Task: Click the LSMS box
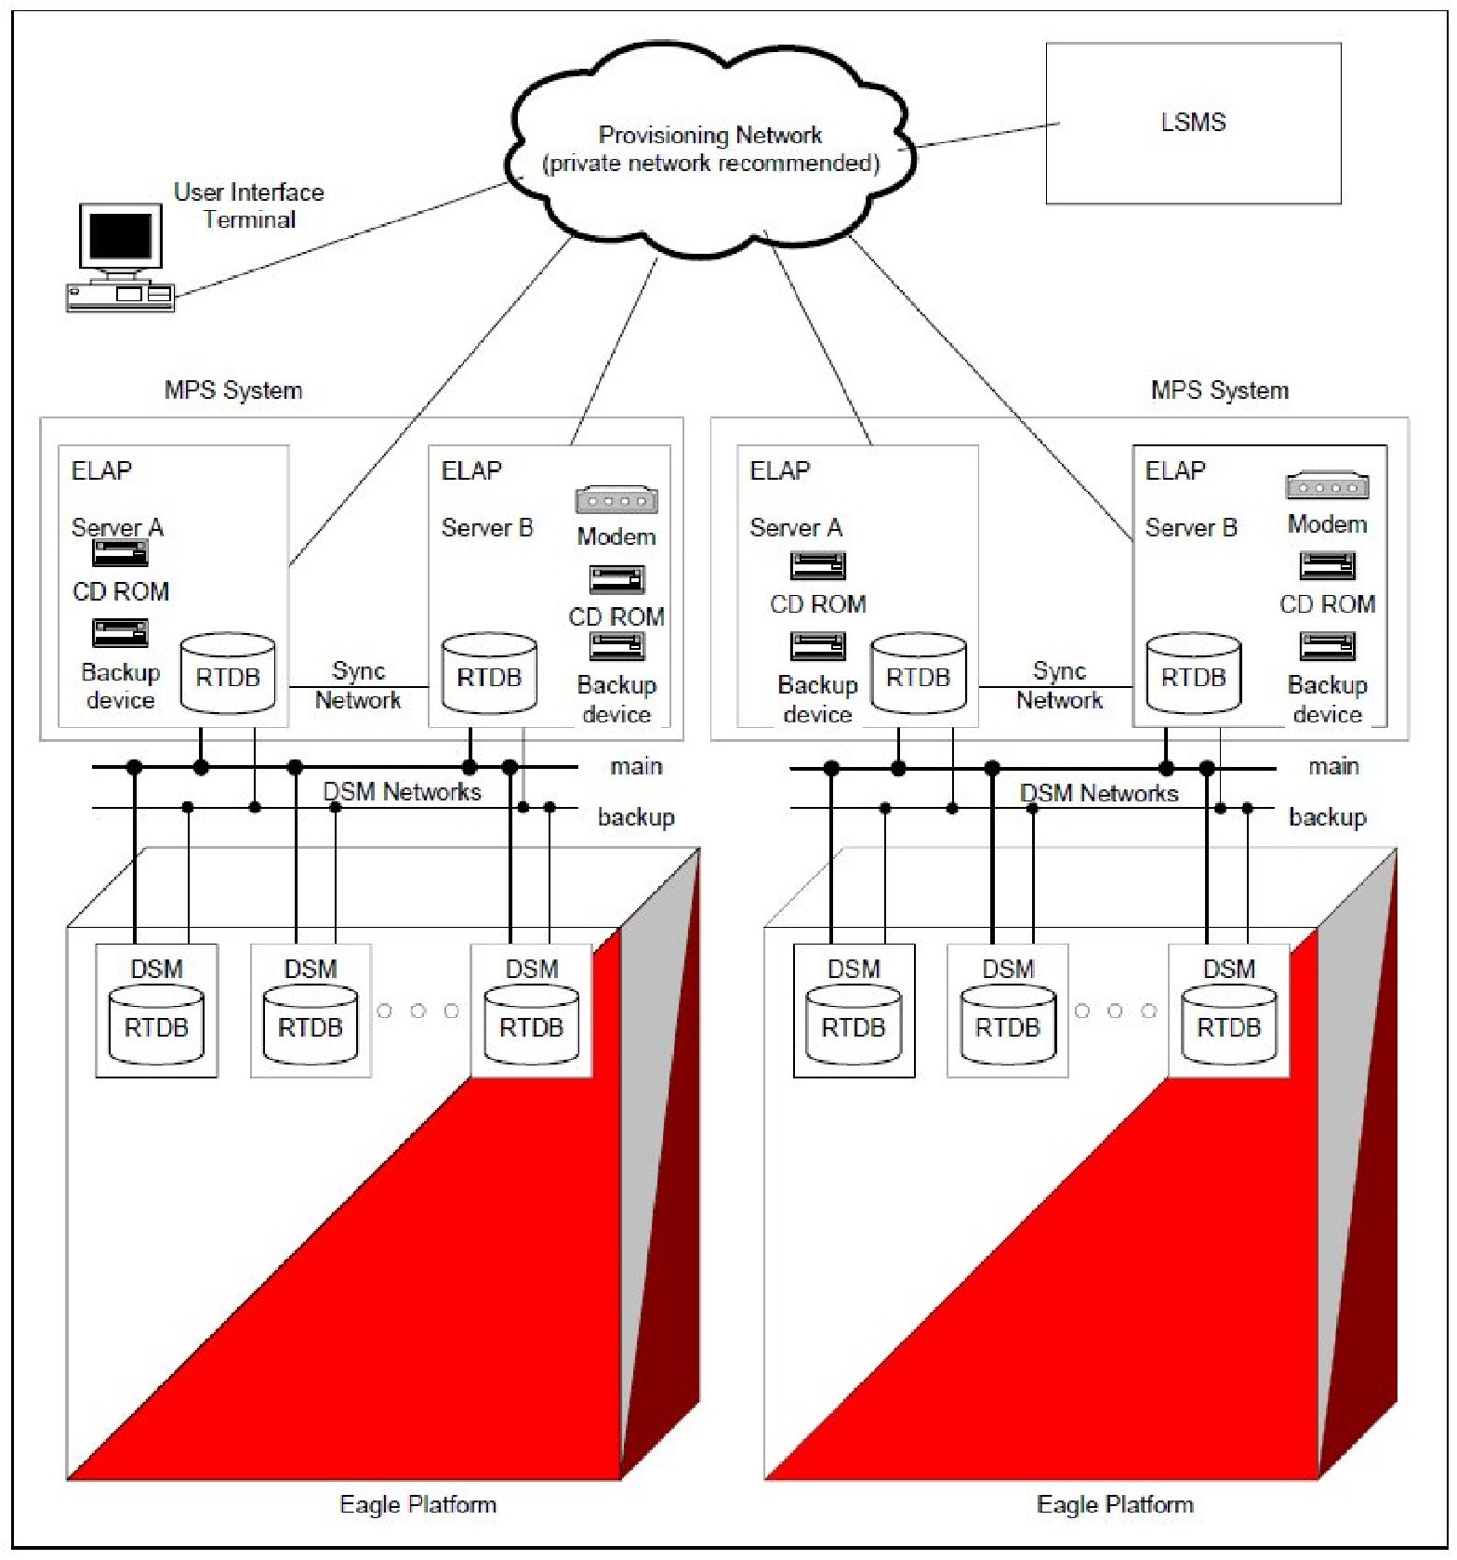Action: (1192, 123)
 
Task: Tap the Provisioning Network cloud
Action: (710, 149)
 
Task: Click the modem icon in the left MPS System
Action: (616, 501)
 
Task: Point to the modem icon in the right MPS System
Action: (1327, 486)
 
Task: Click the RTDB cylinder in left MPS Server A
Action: (228, 675)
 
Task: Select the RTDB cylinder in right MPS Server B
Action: (1193, 675)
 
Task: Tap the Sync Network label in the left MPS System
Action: (358, 685)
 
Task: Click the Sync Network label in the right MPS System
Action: (1059, 685)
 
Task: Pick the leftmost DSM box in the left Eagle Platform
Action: (156, 1011)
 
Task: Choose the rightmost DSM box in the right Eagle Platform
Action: (1228, 1011)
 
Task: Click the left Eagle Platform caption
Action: (417, 1503)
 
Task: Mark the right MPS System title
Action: (1219, 390)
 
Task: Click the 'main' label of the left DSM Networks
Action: (636, 766)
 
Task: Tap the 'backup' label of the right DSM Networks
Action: (1327, 817)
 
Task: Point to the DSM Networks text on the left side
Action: (402, 792)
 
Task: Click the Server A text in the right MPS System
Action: (796, 528)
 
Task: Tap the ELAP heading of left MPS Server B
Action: (471, 470)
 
